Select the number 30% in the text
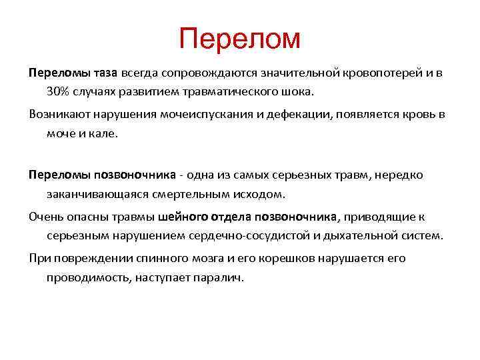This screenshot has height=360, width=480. click(x=60, y=90)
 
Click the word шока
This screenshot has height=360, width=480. click(x=316, y=90)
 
